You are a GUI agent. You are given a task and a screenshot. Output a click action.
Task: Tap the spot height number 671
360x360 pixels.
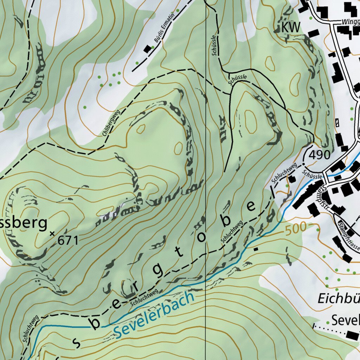click(67, 240)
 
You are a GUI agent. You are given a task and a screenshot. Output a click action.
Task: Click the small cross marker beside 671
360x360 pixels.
click(53, 233)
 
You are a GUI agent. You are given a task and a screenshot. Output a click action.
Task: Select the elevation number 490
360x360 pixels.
click(320, 155)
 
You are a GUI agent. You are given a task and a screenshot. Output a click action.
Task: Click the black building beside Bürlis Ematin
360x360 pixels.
click(148, 49)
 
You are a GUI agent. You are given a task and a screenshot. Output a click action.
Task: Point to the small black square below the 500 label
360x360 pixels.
click(256, 249)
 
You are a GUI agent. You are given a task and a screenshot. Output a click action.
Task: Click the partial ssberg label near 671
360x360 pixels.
click(23, 223)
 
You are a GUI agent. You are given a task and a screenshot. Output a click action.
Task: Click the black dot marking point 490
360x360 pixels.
click(304, 164)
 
